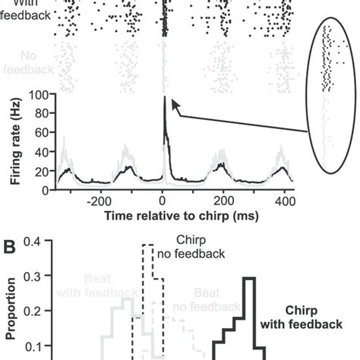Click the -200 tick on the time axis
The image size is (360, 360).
tap(99, 204)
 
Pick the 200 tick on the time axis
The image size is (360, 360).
tap(223, 204)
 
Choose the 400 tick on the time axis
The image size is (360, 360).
tap(284, 204)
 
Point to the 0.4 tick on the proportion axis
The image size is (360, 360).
tap(36, 242)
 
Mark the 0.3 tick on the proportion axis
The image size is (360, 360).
tap(36, 277)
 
